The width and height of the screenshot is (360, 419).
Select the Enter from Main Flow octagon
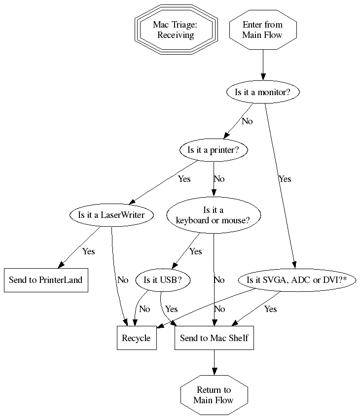tap(262, 30)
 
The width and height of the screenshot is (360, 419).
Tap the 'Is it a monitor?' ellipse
tap(262, 92)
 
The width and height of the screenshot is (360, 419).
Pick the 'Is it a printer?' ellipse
tap(214, 150)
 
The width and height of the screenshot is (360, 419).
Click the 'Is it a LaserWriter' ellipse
tap(112, 215)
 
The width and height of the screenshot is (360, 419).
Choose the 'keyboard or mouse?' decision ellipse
tap(214, 215)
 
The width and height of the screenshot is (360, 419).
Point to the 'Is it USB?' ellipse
tap(162, 280)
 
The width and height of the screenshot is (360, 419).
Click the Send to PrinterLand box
tap(46, 280)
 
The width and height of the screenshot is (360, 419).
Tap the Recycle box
tap(137, 338)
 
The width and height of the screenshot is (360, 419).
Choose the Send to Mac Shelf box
tap(214, 338)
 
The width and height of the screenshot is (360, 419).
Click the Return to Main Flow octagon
tap(214, 395)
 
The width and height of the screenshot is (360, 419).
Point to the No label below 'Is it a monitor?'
tap(247, 121)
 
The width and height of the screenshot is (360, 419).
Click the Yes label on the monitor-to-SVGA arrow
tap(285, 179)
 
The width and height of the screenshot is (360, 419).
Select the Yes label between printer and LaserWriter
tap(184, 179)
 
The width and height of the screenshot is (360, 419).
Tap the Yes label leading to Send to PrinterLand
tap(88, 251)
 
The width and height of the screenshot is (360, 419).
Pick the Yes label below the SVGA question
tap(270, 309)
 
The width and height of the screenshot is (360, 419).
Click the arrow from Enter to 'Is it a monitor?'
tap(262, 64)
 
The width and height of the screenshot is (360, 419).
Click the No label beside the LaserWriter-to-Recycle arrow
tap(123, 280)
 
